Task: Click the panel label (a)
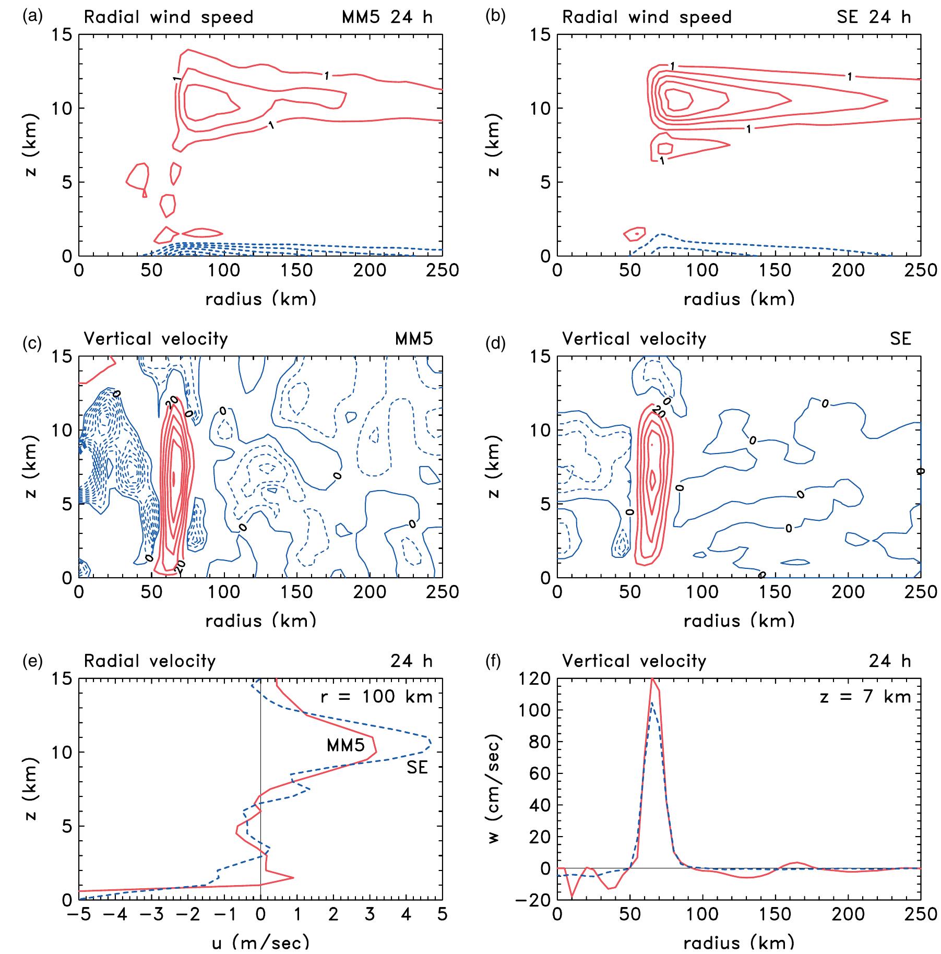click(31, 16)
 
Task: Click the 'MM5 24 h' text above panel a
click(387, 17)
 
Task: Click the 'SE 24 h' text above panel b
click(874, 17)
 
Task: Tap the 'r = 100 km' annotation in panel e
click(376, 697)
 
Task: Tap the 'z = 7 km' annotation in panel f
click(865, 697)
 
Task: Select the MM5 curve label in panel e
click(346, 745)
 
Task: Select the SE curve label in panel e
click(416, 767)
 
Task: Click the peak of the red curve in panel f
click(652, 679)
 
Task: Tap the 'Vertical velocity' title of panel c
click(156, 339)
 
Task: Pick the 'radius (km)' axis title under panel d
click(739, 621)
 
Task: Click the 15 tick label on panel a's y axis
click(63, 35)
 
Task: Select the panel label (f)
click(493, 661)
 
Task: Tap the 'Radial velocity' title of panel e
click(150, 661)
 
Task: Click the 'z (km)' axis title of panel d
click(494, 467)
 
